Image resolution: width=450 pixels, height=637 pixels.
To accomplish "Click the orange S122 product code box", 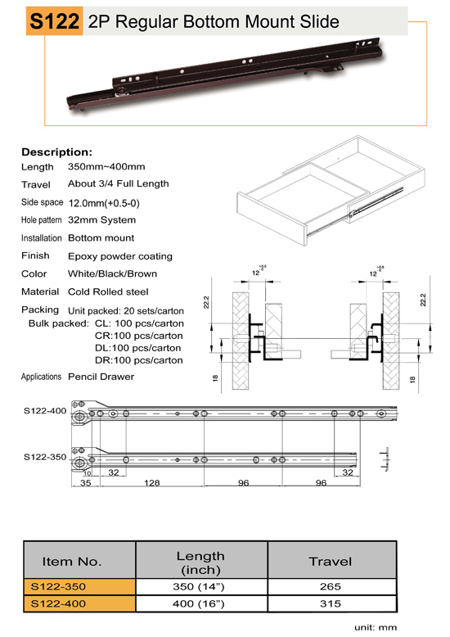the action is [x=55, y=20].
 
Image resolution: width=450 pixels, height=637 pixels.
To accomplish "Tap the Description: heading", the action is [x=56, y=152].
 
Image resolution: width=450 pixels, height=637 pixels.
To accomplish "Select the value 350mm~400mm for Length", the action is [x=106, y=166].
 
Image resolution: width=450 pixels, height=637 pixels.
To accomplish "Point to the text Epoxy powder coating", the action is [x=120, y=256].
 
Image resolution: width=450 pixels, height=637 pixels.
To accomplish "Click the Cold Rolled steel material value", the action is [x=108, y=291].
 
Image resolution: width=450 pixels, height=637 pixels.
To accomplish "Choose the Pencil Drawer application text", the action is [x=101, y=377].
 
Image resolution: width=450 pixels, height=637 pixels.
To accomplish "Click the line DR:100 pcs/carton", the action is [x=139, y=360].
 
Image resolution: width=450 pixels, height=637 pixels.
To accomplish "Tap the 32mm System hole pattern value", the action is [x=102, y=220].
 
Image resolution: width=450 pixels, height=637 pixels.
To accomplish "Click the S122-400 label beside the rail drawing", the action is [x=45, y=411].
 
